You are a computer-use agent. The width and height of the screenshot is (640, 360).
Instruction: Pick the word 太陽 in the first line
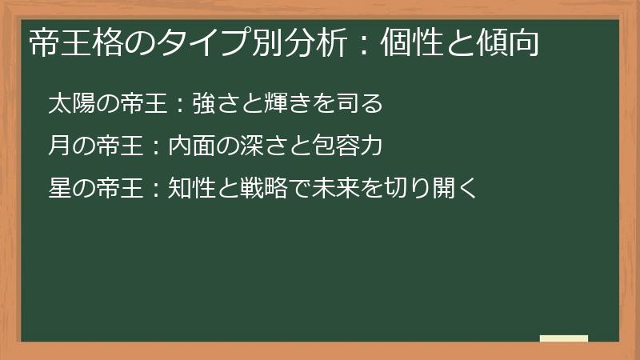click(x=70, y=104)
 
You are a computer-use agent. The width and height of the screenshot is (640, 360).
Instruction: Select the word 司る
click(x=362, y=104)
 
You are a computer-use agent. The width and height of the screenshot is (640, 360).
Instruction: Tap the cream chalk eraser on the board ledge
click(x=563, y=338)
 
